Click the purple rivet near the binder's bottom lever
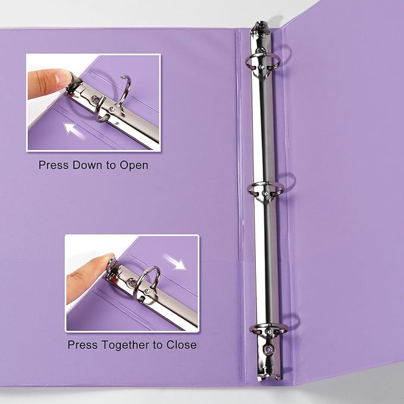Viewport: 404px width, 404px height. click(267, 349)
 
